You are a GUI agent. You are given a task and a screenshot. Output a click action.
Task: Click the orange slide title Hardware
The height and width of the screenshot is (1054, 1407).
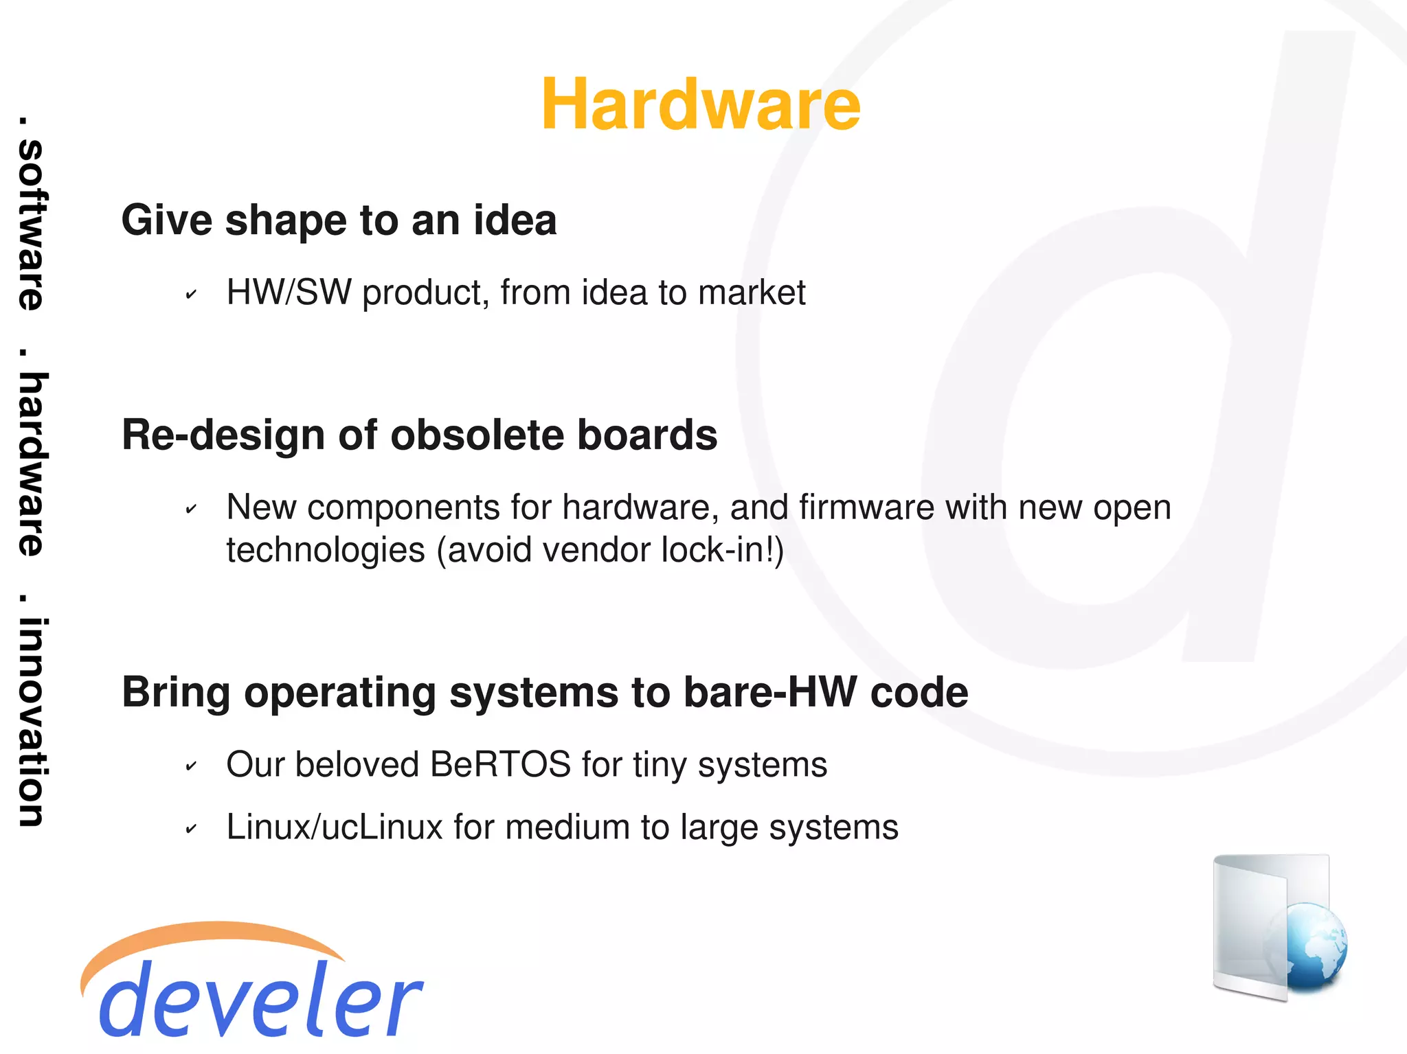(x=700, y=104)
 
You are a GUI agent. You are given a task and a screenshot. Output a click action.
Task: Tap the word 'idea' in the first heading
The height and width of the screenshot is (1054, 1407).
(x=515, y=220)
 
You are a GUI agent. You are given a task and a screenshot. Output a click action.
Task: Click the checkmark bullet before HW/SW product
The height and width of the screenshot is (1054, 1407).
(x=191, y=295)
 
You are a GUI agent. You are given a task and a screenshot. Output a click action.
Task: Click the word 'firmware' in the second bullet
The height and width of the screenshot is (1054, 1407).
(x=866, y=508)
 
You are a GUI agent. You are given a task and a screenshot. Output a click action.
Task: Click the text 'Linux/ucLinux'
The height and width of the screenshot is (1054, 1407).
(x=335, y=827)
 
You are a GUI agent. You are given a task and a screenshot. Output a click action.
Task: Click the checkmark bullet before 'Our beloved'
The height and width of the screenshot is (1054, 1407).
(x=191, y=767)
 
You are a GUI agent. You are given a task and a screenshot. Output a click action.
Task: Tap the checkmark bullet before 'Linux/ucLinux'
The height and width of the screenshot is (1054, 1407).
(x=191, y=829)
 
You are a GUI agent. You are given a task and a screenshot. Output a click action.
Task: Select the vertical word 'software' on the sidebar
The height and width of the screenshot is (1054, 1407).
(x=32, y=225)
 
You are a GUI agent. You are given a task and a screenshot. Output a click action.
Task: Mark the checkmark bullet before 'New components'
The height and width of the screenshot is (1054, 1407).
(x=191, y=510)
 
